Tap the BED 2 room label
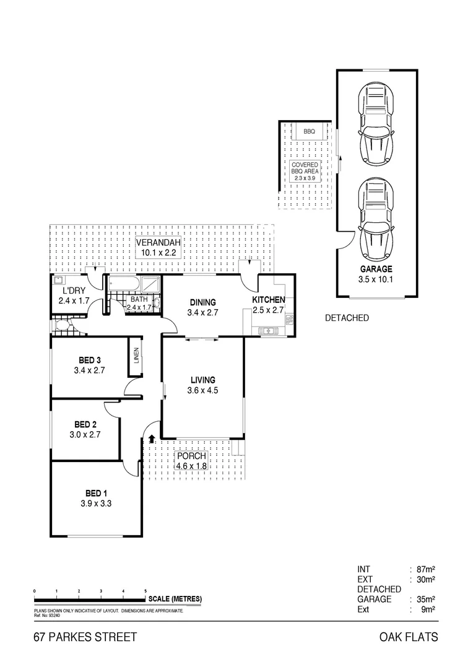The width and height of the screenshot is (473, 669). coord(85,424)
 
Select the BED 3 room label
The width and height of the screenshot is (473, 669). coord(90,360)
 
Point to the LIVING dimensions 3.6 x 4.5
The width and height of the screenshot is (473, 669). coord(202,390)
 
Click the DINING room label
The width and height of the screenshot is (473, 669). coord(203,303)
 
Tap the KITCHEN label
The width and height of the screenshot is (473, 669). coord(268,300)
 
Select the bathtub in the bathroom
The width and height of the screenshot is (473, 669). coord(124,285)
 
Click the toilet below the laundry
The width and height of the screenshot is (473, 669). coord(63,326)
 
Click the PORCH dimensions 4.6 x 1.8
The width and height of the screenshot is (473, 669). coord(191,466)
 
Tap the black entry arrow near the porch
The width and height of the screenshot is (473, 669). coord(152,439)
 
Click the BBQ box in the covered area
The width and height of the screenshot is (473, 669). coord(310,132)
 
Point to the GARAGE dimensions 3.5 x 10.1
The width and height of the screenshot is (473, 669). coord(376,279)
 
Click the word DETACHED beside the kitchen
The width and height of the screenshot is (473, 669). coord(347,318)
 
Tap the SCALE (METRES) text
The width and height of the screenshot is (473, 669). coord(175,599)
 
